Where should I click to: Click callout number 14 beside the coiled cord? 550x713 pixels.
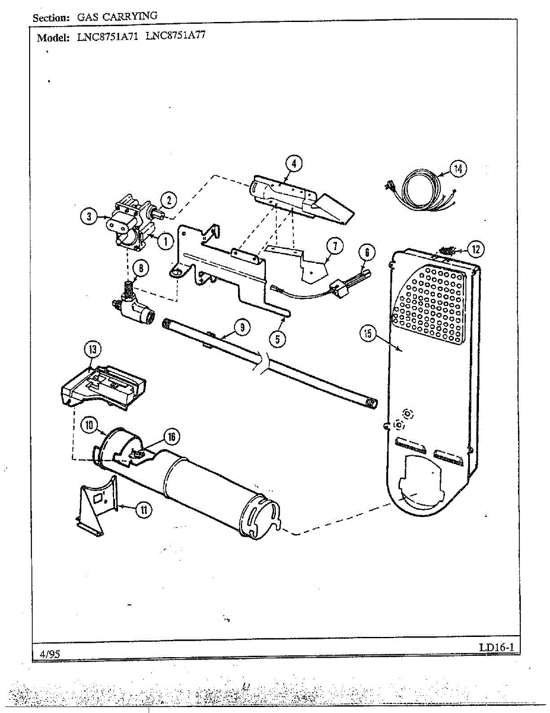click(x=457, y=169)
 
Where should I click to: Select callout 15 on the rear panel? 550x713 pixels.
click(x=367, y=334)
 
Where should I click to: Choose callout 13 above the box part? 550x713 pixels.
click(x=92, y=350)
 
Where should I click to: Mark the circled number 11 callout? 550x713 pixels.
click(x=143, y=509)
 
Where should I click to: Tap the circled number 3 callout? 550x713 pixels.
click(x=89, y=217)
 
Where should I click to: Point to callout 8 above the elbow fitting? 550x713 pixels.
click(x=140, y=269)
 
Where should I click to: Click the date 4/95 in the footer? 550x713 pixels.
click(x=50, y=654)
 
